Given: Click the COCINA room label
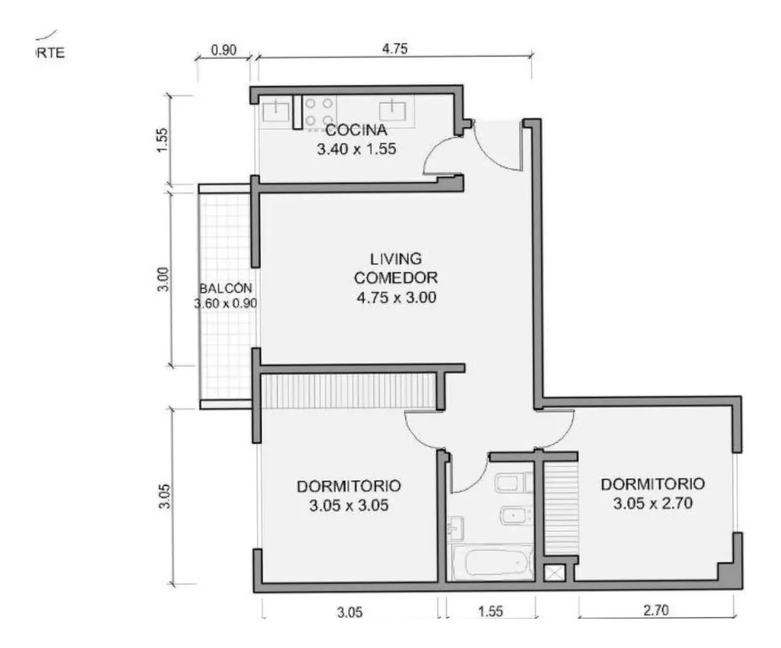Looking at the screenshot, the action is [x=356, y=130].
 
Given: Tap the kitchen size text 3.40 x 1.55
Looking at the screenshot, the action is [x=357, y=149].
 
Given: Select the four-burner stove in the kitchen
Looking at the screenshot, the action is [x=319, y=112].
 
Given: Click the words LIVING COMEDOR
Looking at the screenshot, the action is [x=396, y=268].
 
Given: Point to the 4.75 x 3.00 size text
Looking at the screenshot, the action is [x=396, y=297].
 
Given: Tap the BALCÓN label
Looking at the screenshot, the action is [x=226, y=288].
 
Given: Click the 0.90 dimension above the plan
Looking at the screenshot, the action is [x=224, y=50].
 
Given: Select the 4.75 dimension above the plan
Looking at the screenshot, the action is [x=395, y=49].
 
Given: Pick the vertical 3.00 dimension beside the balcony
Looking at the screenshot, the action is [x=164, y=279].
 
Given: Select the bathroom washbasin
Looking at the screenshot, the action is [x=456, y=528].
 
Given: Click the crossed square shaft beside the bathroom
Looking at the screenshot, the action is [x=555, y=573].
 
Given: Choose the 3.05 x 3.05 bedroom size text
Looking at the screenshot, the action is [x=349, y=506].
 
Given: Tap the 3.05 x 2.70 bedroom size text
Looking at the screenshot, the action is [x=653, y=504].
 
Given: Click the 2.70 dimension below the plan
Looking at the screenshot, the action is [x=656, y=610].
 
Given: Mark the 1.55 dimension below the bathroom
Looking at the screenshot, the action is [x=491, y=612].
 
